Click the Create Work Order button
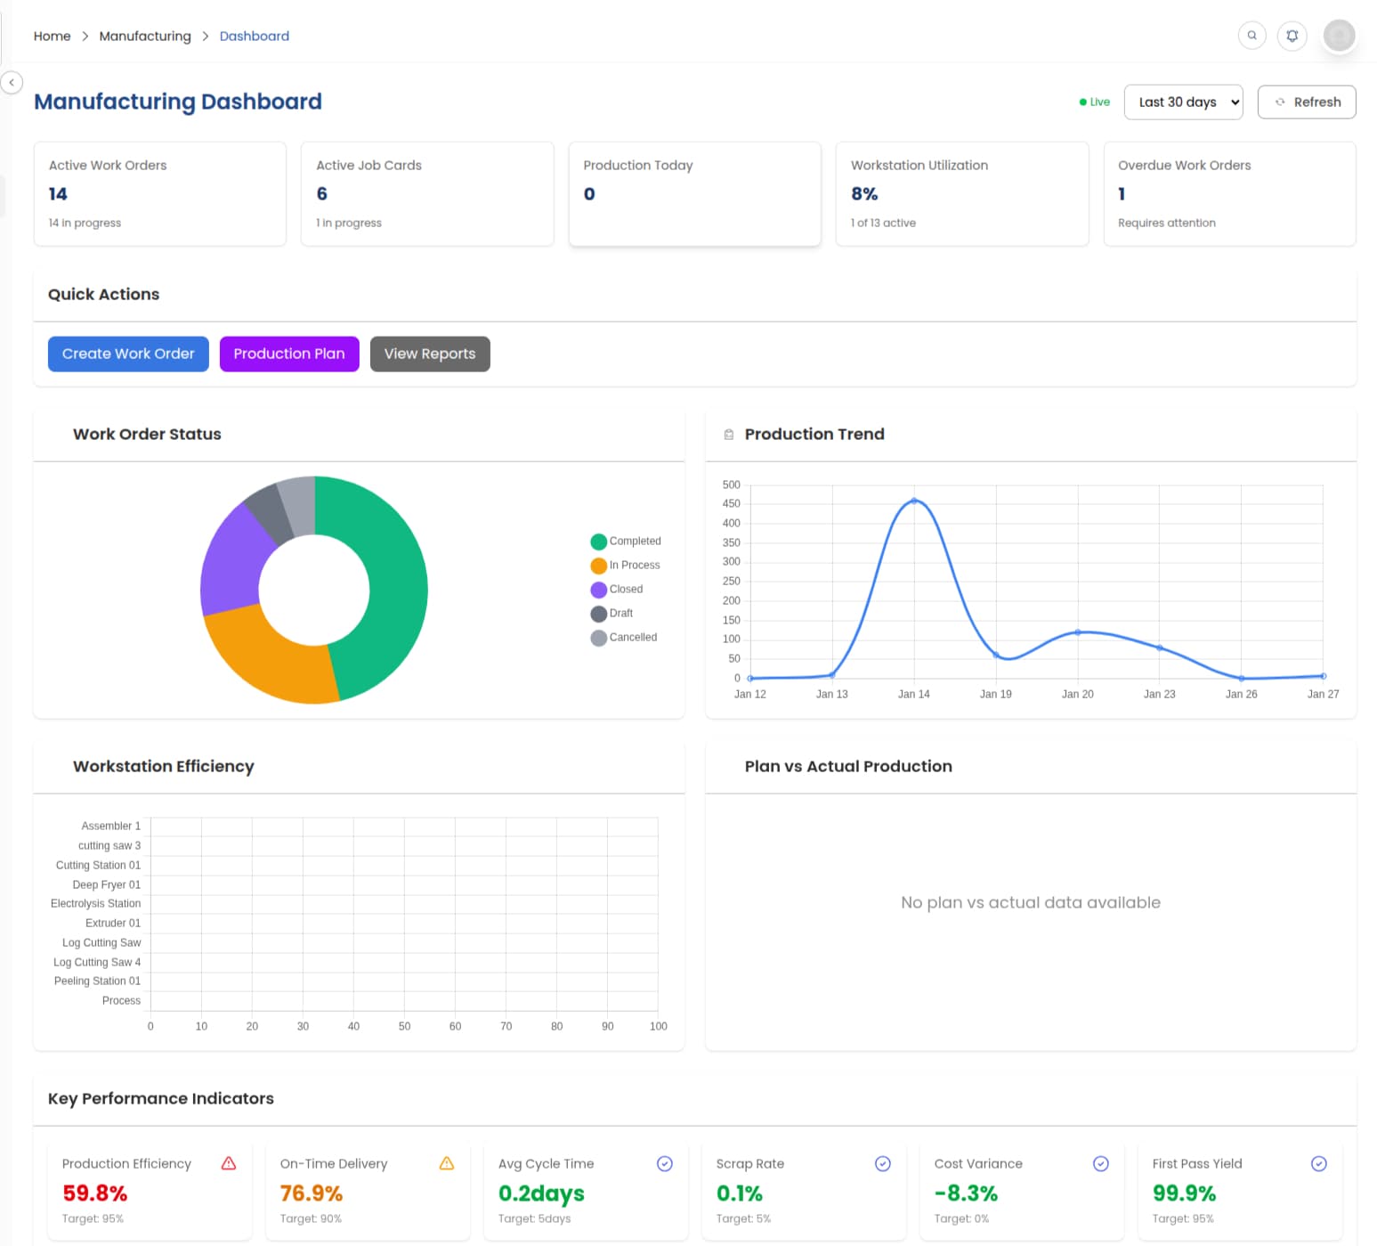click(x=128, y=354)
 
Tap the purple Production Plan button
click(x=289, y=354)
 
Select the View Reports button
click(x=430, y=354)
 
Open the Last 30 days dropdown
click(x=1183, y=102)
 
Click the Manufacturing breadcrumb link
click(x=145, y=36)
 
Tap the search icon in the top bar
click(x=1251, y=36)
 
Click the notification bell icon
click(x=1292, y=36)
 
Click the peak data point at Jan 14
click(x=913, y=501)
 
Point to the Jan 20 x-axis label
click(x=1077, y=694)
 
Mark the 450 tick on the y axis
click(x=731, y=504)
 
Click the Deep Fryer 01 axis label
click(x=106, y=884)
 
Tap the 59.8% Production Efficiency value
click(x=94, y=1193)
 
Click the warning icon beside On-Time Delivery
click(x=447, y=1163)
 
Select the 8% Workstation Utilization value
click(x=863, y=194)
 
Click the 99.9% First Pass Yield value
click(x=1184, y=1193)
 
